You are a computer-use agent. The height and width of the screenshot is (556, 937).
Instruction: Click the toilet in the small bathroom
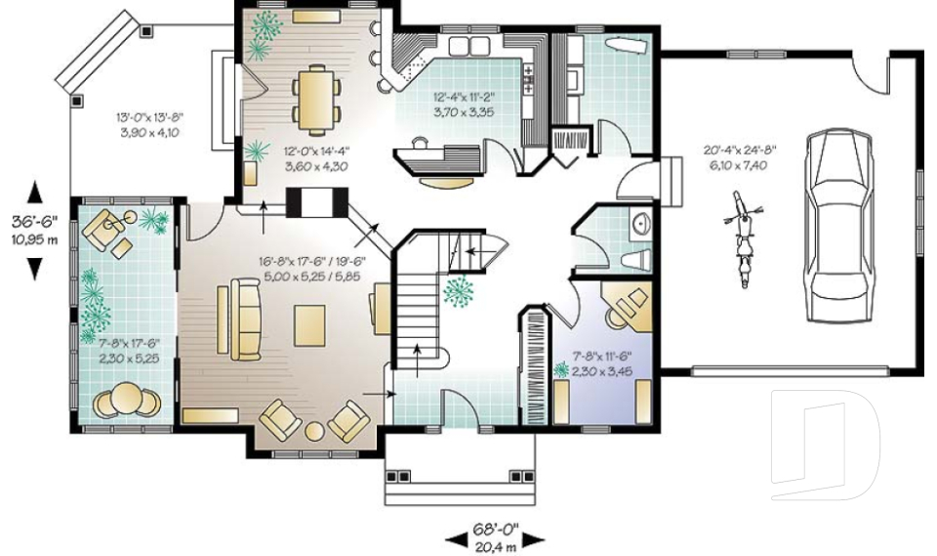637,260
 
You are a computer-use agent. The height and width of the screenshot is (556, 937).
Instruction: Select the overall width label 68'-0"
496,529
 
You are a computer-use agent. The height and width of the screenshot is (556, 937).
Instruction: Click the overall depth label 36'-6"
35,221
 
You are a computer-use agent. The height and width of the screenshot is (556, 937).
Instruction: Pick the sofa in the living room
246,319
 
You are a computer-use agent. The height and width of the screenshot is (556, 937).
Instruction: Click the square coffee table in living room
309,325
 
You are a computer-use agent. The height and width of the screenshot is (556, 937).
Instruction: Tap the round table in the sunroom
126,396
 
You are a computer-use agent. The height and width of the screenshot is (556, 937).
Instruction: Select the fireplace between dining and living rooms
316,202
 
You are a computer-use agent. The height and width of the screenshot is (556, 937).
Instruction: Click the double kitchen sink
469,46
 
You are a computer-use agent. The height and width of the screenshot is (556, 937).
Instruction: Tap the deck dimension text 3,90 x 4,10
150,132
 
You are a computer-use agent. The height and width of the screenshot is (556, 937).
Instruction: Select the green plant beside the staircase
459,291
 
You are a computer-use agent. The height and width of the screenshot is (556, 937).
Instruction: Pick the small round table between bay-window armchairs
315,432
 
